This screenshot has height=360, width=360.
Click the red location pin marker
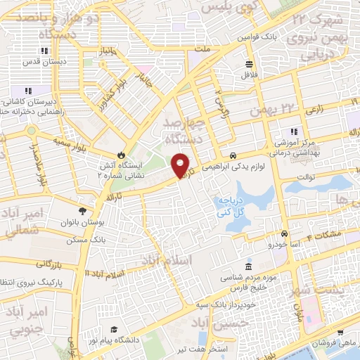181,163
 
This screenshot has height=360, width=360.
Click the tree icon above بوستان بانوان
83,210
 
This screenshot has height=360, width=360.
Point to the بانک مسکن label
83,239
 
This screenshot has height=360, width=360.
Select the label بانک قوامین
254,36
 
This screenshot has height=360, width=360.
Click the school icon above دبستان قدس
44,51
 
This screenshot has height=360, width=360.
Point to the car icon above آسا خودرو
283,233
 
